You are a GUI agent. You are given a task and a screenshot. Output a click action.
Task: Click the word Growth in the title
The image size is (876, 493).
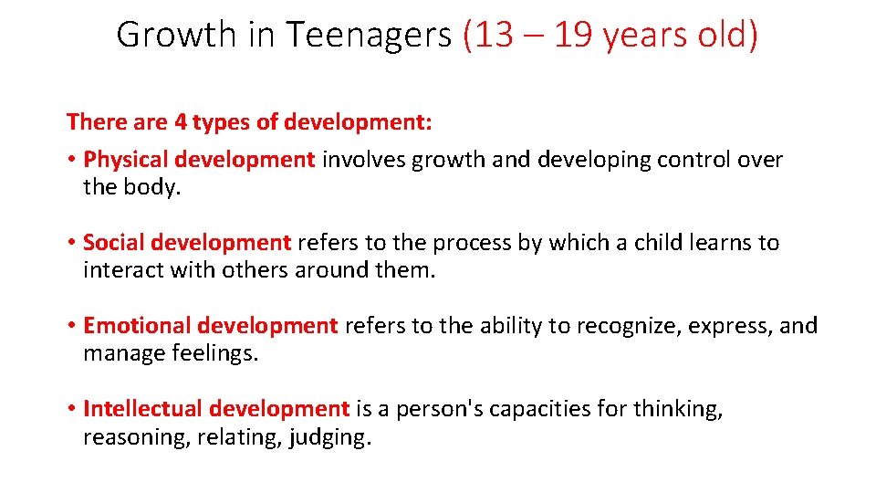176,36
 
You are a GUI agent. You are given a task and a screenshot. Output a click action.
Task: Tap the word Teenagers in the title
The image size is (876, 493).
369,36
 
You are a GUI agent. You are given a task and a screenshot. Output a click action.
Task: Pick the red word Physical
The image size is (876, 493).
126,160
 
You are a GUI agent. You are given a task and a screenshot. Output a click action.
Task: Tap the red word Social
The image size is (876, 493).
114,243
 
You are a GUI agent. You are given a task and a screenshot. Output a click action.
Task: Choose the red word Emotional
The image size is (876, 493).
137,326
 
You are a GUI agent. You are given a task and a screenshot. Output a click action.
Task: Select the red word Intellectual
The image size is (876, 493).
143,409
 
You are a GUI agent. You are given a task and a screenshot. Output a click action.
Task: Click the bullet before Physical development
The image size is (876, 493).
71,160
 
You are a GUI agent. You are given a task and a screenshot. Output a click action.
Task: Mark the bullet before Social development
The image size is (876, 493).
71,243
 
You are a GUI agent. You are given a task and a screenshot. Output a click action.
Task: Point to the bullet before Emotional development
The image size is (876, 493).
71,326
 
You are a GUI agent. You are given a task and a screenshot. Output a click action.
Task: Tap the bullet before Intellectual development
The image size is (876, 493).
71,409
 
